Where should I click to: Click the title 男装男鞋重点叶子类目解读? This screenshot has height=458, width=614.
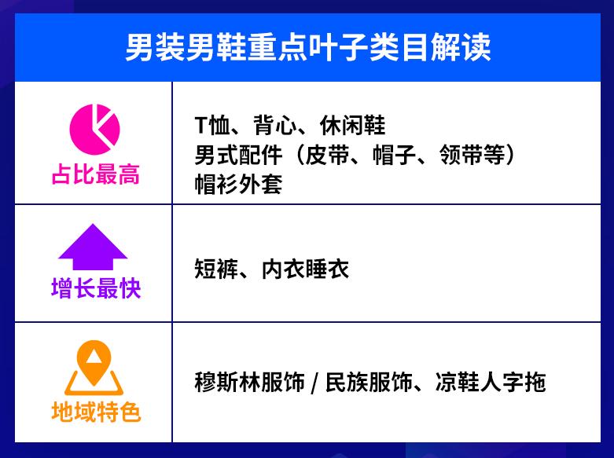click(x=307, y=48)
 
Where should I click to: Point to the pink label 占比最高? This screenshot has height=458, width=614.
click(x=95, y=174)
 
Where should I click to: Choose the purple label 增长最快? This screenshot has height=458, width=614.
click(x=95, y=288)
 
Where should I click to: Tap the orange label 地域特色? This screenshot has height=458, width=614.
click(x=95, y=411)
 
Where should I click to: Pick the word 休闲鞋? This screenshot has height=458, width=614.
click(x=352, y=126)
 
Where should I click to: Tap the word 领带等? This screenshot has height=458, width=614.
click(x=476, y=155)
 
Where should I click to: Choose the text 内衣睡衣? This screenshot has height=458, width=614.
click(x=305, y=269)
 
